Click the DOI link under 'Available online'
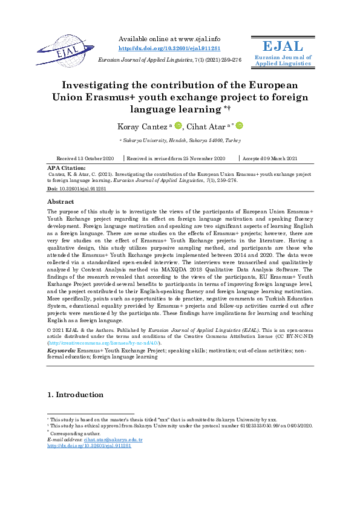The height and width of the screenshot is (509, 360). [169, 48]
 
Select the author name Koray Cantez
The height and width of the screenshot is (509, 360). [142, 126]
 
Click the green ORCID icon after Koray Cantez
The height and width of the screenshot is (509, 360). [178, 126]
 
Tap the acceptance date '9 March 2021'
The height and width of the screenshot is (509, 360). [284, 158]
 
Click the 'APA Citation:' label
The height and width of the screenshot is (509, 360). [66, 167]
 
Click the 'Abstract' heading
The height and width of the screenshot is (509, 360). [61, 201]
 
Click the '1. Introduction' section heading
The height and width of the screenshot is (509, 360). [75, 395]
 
